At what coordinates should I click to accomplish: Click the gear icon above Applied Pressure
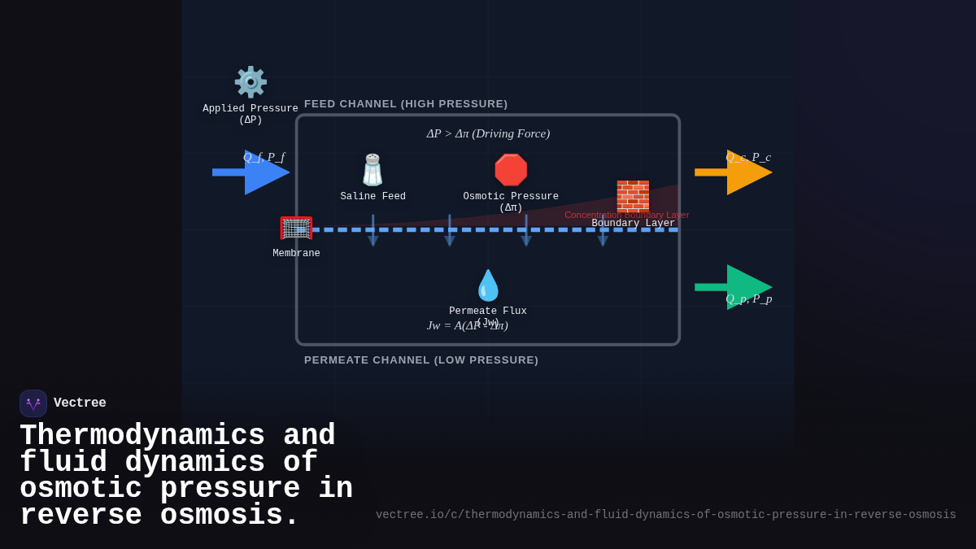pos(251,82)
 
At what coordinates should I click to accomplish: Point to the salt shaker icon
pos(373,170)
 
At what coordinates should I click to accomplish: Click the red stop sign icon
pos(511,170)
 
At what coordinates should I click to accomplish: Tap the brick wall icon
pos(633,197)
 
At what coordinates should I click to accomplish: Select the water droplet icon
pos(488,285)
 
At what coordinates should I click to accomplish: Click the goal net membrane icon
pos(296,229)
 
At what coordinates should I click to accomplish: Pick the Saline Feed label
pos(373,197)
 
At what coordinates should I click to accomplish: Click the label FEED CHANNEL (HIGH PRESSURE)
pos(406,104)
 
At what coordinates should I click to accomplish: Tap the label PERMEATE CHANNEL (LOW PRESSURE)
pos(421,360)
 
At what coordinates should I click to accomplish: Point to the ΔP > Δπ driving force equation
pos(488,133)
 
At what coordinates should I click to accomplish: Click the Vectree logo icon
pos(33,403)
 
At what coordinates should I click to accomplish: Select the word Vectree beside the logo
pos(80,403)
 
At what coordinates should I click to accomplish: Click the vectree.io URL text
pos(665,515)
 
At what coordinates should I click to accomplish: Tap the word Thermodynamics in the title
pos(142,436)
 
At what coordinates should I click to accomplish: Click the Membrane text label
pos(296,254)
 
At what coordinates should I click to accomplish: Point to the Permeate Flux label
pos(488,312)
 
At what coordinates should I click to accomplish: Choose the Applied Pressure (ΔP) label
pos(251,115)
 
